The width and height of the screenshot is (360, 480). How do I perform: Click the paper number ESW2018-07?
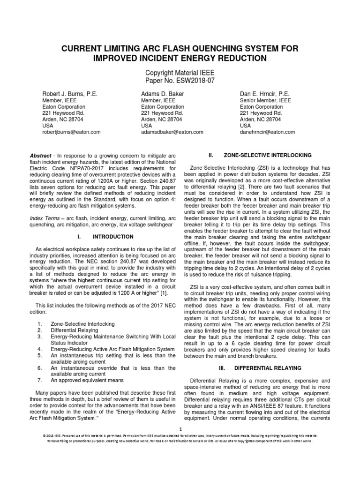click(x=180, y=80)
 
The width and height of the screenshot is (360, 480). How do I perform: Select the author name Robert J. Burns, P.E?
click(x=70, y=94)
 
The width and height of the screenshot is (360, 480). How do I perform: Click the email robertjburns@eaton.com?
click(x=72, y=132)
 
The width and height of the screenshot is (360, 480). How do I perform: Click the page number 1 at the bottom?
click(x=180, y=429)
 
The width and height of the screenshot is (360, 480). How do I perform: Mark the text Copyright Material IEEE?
click(x=180, y=73)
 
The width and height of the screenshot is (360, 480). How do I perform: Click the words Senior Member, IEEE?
click(x=265, y=100)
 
